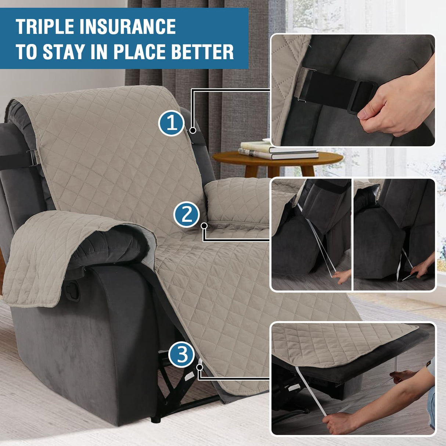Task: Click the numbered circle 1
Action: pos(171,123)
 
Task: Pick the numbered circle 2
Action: pos(187,214)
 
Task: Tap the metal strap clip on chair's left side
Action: pos(31,158)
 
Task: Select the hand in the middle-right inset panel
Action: pos(422,268)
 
